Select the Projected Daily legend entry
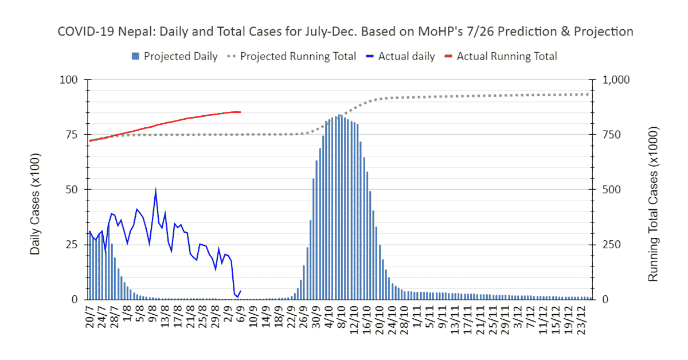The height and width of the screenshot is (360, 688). click(175, 56)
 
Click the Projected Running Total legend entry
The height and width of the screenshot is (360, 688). click(292, 56)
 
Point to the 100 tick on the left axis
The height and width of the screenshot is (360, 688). click(68, 80)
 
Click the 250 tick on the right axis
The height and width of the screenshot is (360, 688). click(609, 245)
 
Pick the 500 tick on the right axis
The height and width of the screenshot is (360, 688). click(609, 190)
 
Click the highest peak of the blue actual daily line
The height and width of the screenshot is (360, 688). click(155, 189)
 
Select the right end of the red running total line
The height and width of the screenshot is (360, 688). click(240, 112)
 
